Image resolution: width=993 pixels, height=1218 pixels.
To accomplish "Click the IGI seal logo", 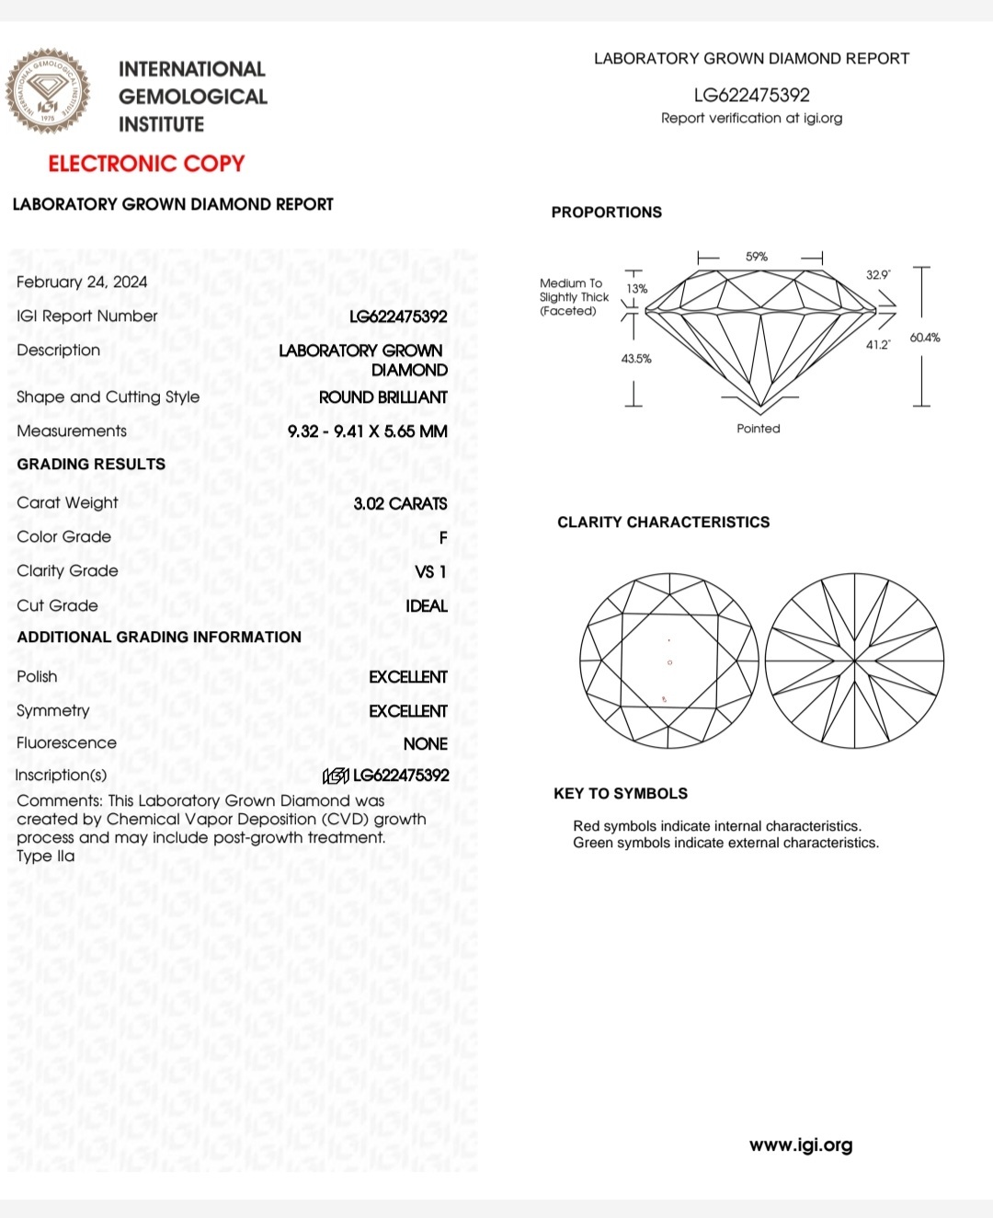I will (x=49, y=92).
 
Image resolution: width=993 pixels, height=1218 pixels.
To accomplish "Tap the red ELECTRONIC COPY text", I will (x=146, y=164).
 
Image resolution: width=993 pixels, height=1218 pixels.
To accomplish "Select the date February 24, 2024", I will (x=82, y=282).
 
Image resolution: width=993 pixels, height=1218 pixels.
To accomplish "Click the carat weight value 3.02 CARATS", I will (x=400, y=503).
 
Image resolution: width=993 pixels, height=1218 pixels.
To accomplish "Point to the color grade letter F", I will (x=443, y=537).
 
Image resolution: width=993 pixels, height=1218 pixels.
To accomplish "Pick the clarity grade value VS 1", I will (x=430, y=571).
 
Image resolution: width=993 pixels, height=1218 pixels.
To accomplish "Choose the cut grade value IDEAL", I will (x=427, y=606).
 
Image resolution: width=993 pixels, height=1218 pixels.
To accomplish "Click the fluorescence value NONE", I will (x=425, y=743).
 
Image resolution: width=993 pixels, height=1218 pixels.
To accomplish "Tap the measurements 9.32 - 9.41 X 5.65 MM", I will (x=368, y=431).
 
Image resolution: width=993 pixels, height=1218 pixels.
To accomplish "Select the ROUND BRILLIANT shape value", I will (x=383, y=397).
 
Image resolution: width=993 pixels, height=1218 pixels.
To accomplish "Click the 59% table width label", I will (x=757, y=257).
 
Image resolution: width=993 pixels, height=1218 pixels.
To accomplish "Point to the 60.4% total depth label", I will (x=925, y=338).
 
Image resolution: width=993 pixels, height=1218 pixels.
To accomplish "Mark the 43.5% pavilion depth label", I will (x=636, y=359).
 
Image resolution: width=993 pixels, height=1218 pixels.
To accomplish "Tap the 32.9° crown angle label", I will (x=878, y=275).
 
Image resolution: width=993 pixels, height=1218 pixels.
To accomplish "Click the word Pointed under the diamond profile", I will (x=759, y=429).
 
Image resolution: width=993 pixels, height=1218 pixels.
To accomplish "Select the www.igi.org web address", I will (x=801, y=1145).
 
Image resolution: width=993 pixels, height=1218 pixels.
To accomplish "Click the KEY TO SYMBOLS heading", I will (x=621, y=794).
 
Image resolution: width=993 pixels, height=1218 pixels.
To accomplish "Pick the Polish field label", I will (x=37, y=677).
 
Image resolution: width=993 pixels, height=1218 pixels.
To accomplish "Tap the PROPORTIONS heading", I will (x=607, y=213).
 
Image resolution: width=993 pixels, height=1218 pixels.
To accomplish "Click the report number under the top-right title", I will (x=751, y=95).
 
